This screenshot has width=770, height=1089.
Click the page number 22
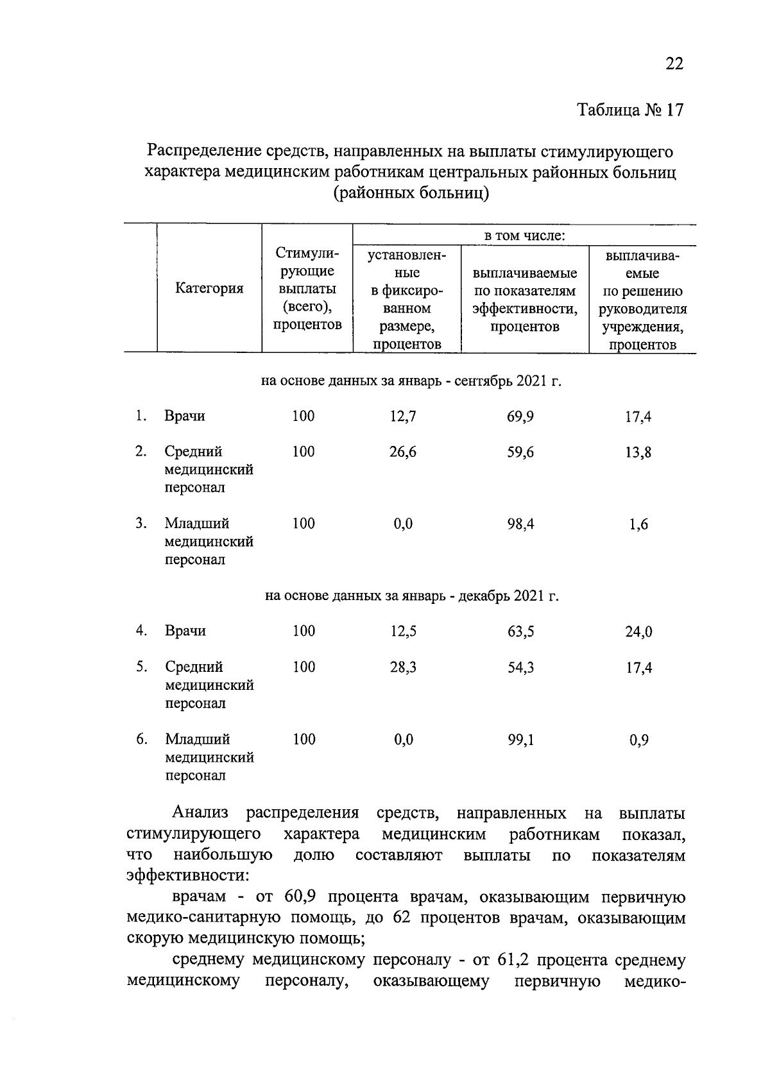[x=674, y=64]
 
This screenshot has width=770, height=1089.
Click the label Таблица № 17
[x=631, y=110]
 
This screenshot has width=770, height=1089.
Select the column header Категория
[x=209, y=289]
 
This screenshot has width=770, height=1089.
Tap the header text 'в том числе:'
[x=524, y=236]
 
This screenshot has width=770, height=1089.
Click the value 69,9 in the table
[x=520, y=417]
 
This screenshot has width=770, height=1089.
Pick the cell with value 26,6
[x=403, y=452]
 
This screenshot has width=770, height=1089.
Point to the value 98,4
[x=520, y=524]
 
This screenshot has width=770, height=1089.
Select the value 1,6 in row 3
[x=638, y=525]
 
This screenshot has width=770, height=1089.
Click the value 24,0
[x=639, y=632]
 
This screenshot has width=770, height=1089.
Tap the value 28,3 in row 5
[x=403, y=668]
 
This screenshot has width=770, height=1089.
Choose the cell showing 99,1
[x=520, y=741]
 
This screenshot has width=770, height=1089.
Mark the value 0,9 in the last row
[x=639, y=741]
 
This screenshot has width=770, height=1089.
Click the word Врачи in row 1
[x=185, y=416]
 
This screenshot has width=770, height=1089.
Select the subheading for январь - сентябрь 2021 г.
[x=411, y=382]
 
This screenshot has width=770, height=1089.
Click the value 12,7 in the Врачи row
[x=403, y=417]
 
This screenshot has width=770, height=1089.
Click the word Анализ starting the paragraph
[x=200, y=813]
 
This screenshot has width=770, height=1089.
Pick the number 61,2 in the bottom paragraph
[x=512, y=961]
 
